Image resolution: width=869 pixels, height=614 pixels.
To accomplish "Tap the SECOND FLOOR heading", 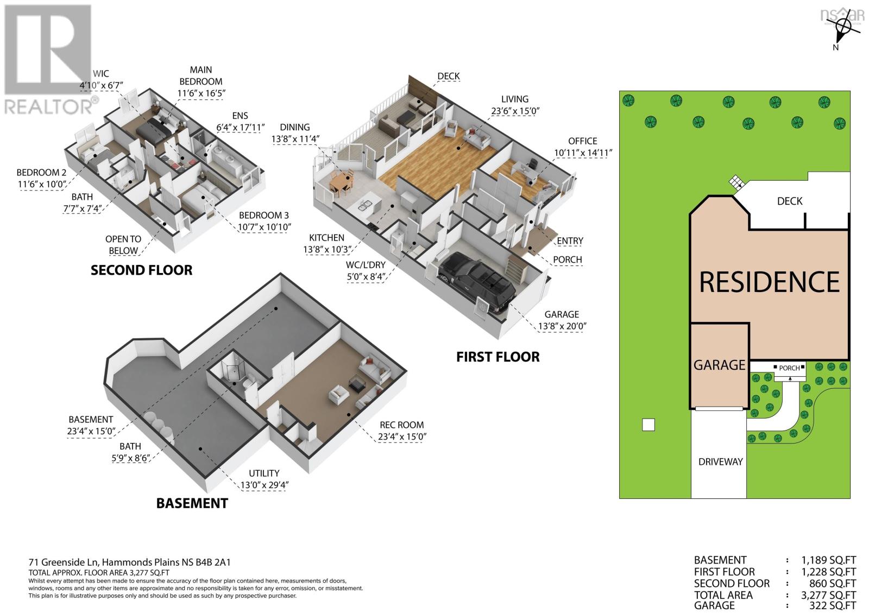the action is (141, 270).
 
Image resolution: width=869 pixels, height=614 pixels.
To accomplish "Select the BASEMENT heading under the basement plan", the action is (192, 503).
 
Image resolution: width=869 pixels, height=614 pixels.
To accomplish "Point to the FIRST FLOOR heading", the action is (498, 357).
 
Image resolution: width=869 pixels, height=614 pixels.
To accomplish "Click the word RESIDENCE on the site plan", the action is (769, 282).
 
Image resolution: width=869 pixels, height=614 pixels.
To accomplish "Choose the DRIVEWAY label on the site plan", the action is (720, 461).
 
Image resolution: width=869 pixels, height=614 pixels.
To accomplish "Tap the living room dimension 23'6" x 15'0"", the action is (515, 111).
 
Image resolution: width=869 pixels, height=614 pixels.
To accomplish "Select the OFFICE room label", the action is (582, 141).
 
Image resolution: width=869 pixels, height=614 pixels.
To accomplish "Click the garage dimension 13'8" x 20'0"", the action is (562, 326).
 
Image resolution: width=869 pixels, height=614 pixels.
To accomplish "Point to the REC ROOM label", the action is (401, 425).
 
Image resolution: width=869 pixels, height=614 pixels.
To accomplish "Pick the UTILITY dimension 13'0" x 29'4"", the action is (264, 485).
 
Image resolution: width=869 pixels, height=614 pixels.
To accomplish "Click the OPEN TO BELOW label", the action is (123, 245).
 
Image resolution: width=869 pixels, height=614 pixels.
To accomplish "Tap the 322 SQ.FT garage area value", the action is (828, 605).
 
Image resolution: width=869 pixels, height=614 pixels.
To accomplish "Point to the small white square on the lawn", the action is (648, 425).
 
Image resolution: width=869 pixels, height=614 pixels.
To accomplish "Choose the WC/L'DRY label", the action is (366, 265).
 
